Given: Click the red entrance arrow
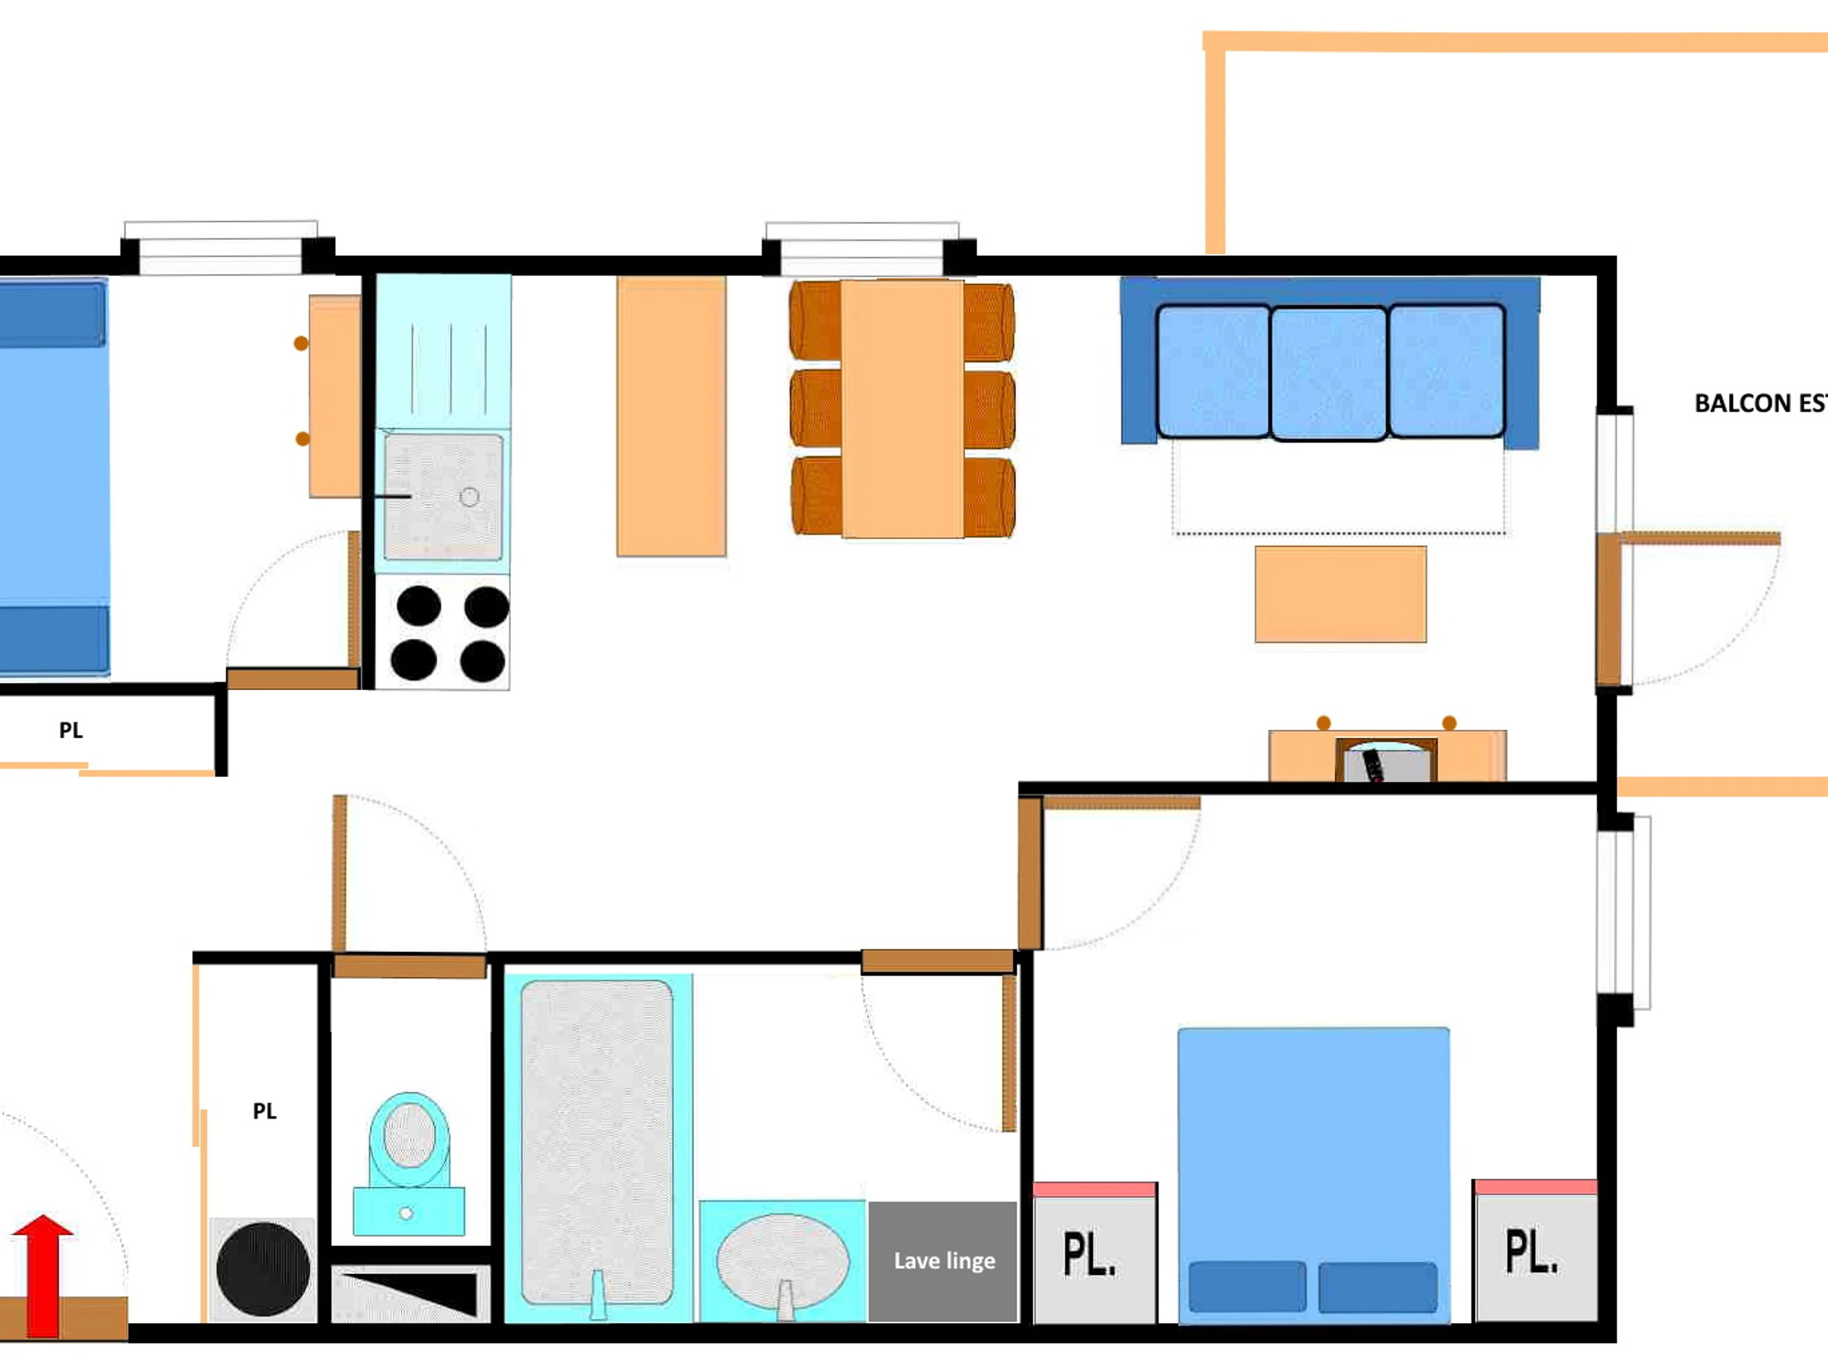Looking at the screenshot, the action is [x=42, y=1274].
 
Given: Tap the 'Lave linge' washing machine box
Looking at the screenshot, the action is [x=943, y=1261].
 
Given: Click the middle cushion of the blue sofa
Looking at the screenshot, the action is [x=1329, y=372].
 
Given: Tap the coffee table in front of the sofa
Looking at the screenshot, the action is [x=1341, y=593].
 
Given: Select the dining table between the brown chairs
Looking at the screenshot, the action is [x=903, y=409].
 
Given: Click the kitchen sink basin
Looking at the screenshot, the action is [x=443, y=496].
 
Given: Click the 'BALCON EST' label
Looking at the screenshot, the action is [x=1760, y=403].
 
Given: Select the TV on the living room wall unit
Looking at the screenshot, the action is [x=1387, y=760].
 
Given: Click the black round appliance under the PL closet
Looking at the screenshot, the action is [x=264, y=1268].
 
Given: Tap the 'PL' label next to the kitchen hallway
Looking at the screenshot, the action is [x=71, y=730].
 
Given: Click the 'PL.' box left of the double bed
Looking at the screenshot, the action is [x=1095, y=1253].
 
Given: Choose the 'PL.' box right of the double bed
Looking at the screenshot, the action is [x=1536, y=1251].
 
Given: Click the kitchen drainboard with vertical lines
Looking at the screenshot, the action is [x=444, y=352].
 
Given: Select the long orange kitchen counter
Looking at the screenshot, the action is [x=671, y=416].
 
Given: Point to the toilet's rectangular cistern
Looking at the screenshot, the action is [x=409, y=1212].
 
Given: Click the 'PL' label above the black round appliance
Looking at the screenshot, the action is [x=264, y=1111].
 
